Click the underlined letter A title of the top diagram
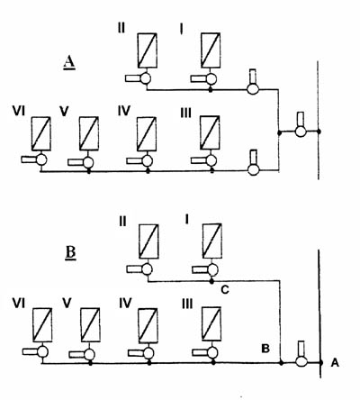(69, 63)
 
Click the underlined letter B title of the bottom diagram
(70, 253)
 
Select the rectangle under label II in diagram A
(148, 50)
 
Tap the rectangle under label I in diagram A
(211, 50)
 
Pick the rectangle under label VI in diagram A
(41, 133)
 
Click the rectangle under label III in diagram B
(211, 323)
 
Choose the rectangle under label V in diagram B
(90, 325)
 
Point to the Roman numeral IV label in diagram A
(124, 111)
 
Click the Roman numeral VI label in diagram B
(19, 304)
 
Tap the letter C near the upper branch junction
(225, 290)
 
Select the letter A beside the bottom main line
(335, 363)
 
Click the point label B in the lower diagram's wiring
(265, 349)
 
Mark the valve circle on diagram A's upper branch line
(253, 89)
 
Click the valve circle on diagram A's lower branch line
(254, 169)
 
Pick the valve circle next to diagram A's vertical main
(301, 132)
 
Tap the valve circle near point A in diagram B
(301, 361)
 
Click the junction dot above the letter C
(211, 281)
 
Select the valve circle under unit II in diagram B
(147, 269)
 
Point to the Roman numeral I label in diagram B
(187, 220)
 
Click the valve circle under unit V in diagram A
(88, 162)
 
